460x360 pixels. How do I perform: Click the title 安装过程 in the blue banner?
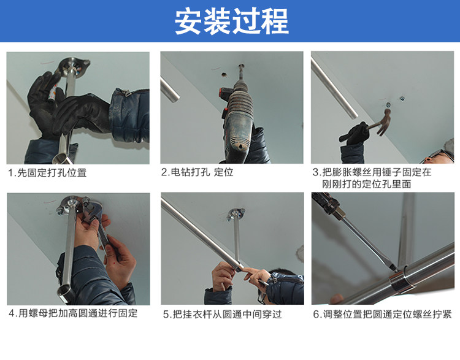[x=232, y=21]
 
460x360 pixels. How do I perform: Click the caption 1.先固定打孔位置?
[x=47, y=172]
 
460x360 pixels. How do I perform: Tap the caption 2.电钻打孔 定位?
[x=197, y=172]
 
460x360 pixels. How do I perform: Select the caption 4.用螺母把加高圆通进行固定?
[x=73, y=313]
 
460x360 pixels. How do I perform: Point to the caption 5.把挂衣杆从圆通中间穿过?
[x=223, y=314]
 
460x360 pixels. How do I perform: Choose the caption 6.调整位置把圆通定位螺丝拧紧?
[x=382, y=314]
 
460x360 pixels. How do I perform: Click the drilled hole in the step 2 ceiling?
[x=224, y=75]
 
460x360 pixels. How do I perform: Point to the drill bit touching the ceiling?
[x=242, y=72]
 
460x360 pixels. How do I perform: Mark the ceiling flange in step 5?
[x=236, y=214]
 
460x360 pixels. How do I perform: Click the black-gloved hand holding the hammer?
[x=356, y=134]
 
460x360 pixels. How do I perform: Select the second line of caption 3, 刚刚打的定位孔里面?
[x=366, y=184]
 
